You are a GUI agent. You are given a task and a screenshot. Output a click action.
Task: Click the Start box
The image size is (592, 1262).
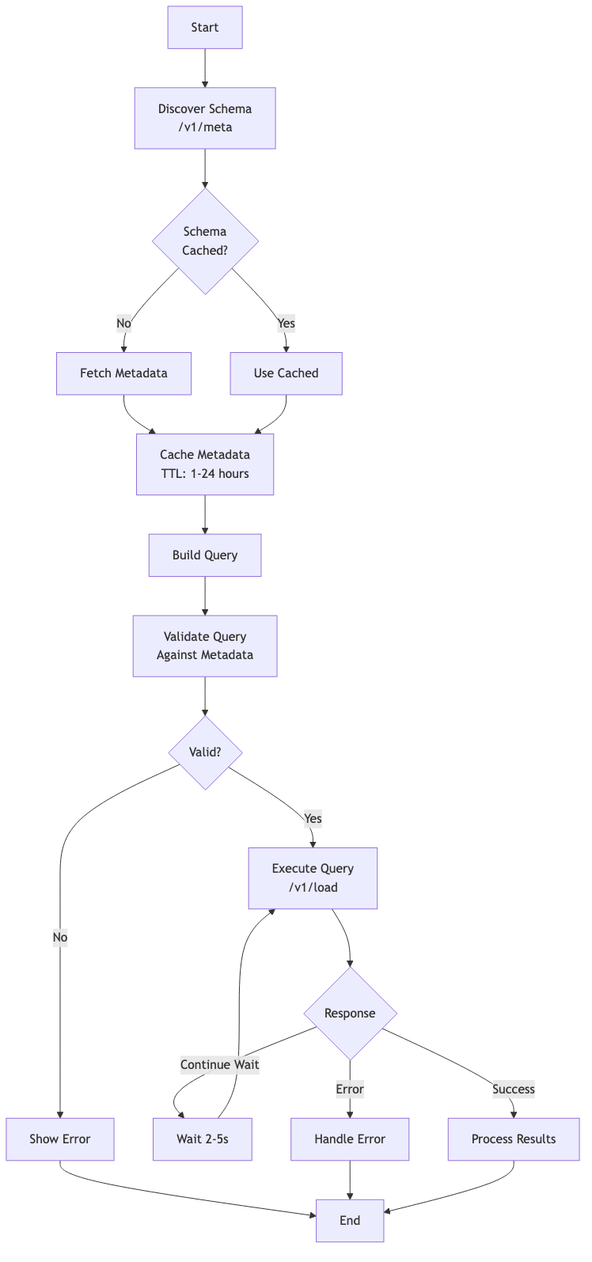205,28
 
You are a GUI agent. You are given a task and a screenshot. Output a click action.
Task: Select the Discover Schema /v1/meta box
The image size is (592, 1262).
205,118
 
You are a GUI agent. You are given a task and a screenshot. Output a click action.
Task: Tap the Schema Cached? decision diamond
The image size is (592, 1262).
205,241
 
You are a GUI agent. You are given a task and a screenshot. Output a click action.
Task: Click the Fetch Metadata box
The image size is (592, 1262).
123,373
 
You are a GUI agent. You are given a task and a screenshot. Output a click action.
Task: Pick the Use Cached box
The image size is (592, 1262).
286,373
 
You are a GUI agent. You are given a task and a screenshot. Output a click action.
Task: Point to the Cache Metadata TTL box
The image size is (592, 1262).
205,464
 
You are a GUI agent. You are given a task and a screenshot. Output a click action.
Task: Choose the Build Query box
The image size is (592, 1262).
205,555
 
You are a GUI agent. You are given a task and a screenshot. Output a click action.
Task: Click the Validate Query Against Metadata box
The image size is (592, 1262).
205,646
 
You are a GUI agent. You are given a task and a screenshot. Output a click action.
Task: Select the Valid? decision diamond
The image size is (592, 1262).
205,752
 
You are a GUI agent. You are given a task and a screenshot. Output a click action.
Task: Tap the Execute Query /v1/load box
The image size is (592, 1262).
313,878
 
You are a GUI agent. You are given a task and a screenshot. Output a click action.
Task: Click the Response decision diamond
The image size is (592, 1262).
350,1014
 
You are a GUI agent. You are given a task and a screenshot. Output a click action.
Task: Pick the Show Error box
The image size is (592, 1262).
60,1139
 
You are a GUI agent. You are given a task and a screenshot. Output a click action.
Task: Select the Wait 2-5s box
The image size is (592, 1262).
203,1139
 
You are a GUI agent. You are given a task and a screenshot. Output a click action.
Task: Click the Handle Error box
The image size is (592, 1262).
350,1139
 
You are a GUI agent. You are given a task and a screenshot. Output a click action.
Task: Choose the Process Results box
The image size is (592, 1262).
514,1139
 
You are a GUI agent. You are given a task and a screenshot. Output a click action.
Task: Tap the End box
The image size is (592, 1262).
350,1220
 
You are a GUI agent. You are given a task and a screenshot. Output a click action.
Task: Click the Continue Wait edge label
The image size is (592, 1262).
219,1064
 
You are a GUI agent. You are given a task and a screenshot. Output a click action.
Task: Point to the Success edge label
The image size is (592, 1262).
514,1090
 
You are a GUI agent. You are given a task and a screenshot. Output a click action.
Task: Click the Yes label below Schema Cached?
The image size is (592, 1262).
286,323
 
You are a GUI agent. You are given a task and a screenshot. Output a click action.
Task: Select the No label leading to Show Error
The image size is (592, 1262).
60,938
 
